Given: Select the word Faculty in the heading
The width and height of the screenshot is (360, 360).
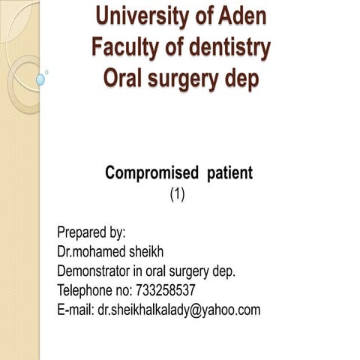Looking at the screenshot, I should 124,46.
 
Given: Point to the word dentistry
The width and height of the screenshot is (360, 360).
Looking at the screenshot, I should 227,46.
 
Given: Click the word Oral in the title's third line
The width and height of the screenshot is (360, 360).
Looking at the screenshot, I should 121,78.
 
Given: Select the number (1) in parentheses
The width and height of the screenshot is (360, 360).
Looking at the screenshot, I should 177,194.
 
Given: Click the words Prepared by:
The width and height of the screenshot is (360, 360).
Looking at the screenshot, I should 91,232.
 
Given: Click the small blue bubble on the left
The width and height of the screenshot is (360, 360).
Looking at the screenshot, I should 40,79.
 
